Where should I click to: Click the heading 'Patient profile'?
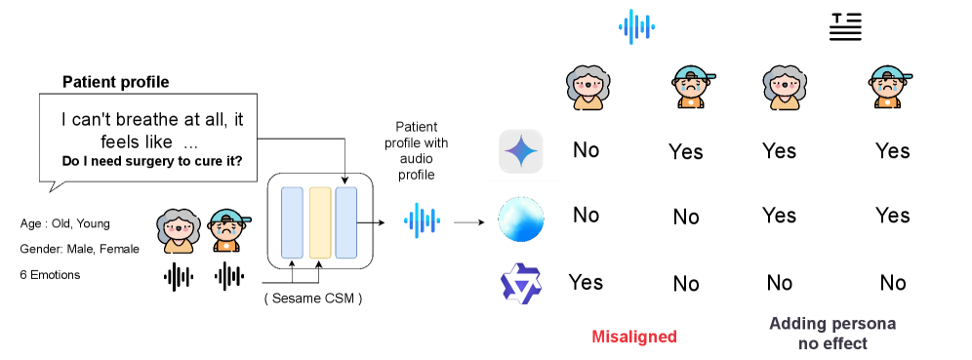point(116,82)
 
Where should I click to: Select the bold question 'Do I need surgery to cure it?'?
point(152,161)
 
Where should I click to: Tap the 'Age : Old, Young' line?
point(65,223)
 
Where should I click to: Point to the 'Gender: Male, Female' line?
point(79,249)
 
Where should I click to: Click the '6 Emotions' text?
point(50,274)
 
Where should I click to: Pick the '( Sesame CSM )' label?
point(313,298)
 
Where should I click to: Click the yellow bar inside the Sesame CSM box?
point(320,222)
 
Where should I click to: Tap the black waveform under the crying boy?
point(228,277)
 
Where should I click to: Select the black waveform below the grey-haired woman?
point(179,277)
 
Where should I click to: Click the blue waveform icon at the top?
point(636,26)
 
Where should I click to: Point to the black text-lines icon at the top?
point(845,26)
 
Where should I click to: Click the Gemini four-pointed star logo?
point(521,151)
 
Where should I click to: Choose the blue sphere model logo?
point(521,219)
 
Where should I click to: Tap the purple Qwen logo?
point(521,283)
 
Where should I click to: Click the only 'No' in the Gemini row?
point(586,150)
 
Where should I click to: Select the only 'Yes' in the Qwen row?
point(586,282)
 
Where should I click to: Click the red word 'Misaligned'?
point(634,337)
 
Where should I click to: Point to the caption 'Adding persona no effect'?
point(832,333)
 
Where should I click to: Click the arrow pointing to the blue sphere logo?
point(468,221)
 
